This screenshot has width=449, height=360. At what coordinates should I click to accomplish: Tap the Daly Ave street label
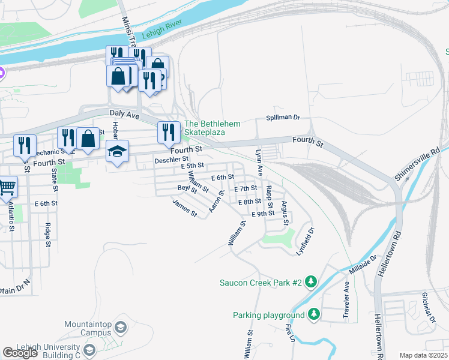pos(124,113)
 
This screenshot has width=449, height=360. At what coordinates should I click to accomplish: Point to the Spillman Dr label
pos(283,118)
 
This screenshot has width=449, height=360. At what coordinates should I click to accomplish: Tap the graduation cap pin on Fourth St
pos(118,152)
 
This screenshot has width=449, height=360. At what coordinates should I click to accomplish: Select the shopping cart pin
pos(7,187)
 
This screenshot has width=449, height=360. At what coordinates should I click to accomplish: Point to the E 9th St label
pos(263,214)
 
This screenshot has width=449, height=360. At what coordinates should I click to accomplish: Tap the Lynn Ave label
pos(259,163)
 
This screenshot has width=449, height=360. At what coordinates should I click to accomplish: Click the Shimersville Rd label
pos(417,163)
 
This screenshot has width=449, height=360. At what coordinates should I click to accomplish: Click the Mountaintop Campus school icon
pos(121,328)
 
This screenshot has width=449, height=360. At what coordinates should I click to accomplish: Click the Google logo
pos(20,353)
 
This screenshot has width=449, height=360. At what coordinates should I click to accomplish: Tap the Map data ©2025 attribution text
pos(423,355)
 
